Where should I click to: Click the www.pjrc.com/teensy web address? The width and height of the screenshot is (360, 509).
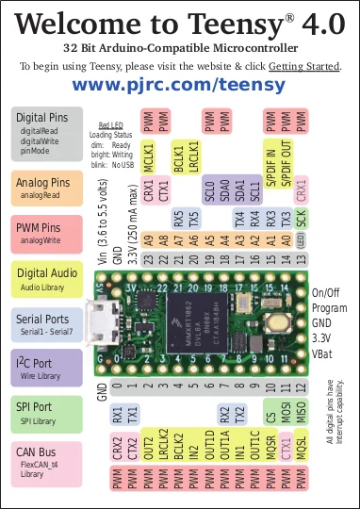click(x=179, y=85)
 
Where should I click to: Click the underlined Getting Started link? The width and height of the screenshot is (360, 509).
click(x=304, y=66)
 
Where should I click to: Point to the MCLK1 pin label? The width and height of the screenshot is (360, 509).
click(x=148, y=156)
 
